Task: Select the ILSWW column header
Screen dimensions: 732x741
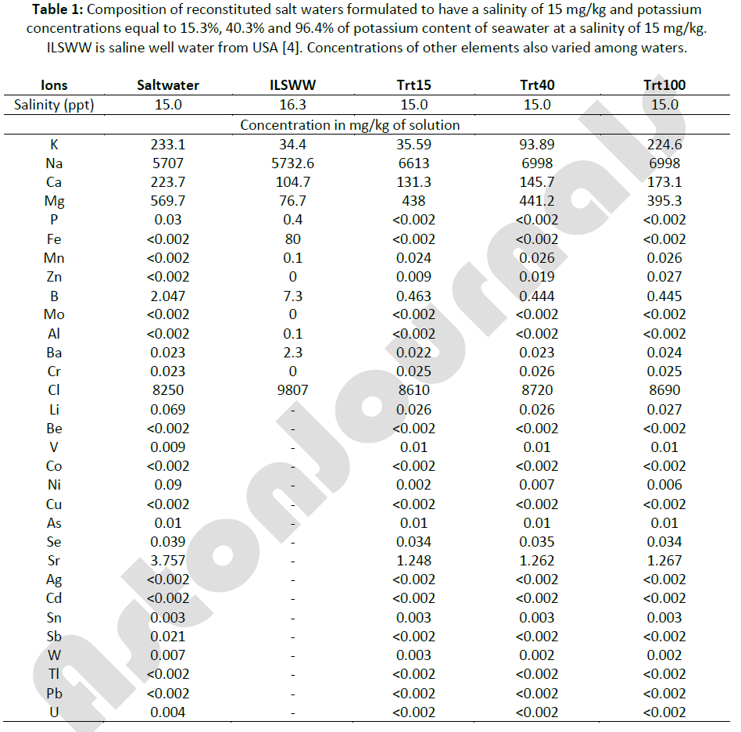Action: pyautogui.click(x=291, y=85)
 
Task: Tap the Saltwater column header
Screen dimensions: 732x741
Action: pyautogui.click(x=168, y=85)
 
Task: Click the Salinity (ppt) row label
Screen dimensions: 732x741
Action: pyautogui.click(x=54, y=105)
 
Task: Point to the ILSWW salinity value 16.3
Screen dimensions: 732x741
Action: pyautogui.click(x=291, y=105)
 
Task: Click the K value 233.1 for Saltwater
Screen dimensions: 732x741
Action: pyautogui.click(x=168, y=144)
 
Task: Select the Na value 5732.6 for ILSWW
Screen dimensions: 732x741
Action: pyautogui.click(x=291, y=163)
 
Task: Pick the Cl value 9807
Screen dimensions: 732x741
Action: pyautogui.click(x=291, y=390)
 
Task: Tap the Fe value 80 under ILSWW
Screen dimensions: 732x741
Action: pyautogui.click(x=291, y=239)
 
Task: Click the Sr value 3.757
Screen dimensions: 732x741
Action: pyautogui.click(x=168, y=561)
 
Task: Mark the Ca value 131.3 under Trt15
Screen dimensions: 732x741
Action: pyautogui.click(x=413, y=182)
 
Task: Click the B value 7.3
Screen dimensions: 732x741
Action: pyautogui.click(x=291, y=296)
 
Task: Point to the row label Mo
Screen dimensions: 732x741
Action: pyautogui.click(x=54, y=314)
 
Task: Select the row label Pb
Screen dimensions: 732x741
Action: pyautogui.click(x=54, y=694)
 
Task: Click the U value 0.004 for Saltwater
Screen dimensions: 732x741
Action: pyautogui.click(x=168, y=712)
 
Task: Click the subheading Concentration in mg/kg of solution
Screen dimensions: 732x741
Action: pyautogui.click(x=349, y=125)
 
